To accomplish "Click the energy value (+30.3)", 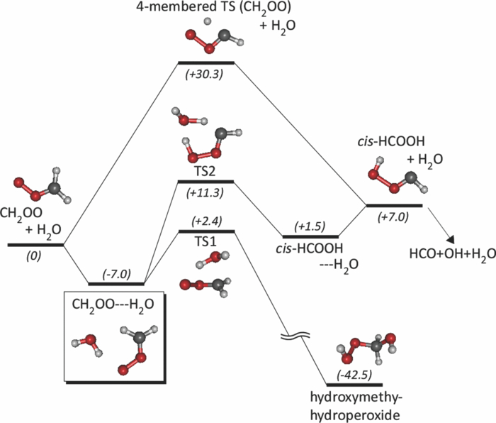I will (205, 74).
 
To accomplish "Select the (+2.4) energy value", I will (205, 220).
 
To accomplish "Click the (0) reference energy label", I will (35, 256).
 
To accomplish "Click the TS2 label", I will (205, 172).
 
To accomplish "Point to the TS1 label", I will (205, 241).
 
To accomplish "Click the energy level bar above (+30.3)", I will (205, 62).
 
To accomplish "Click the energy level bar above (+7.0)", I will (394, 205).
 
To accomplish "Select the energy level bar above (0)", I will (35, 245).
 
